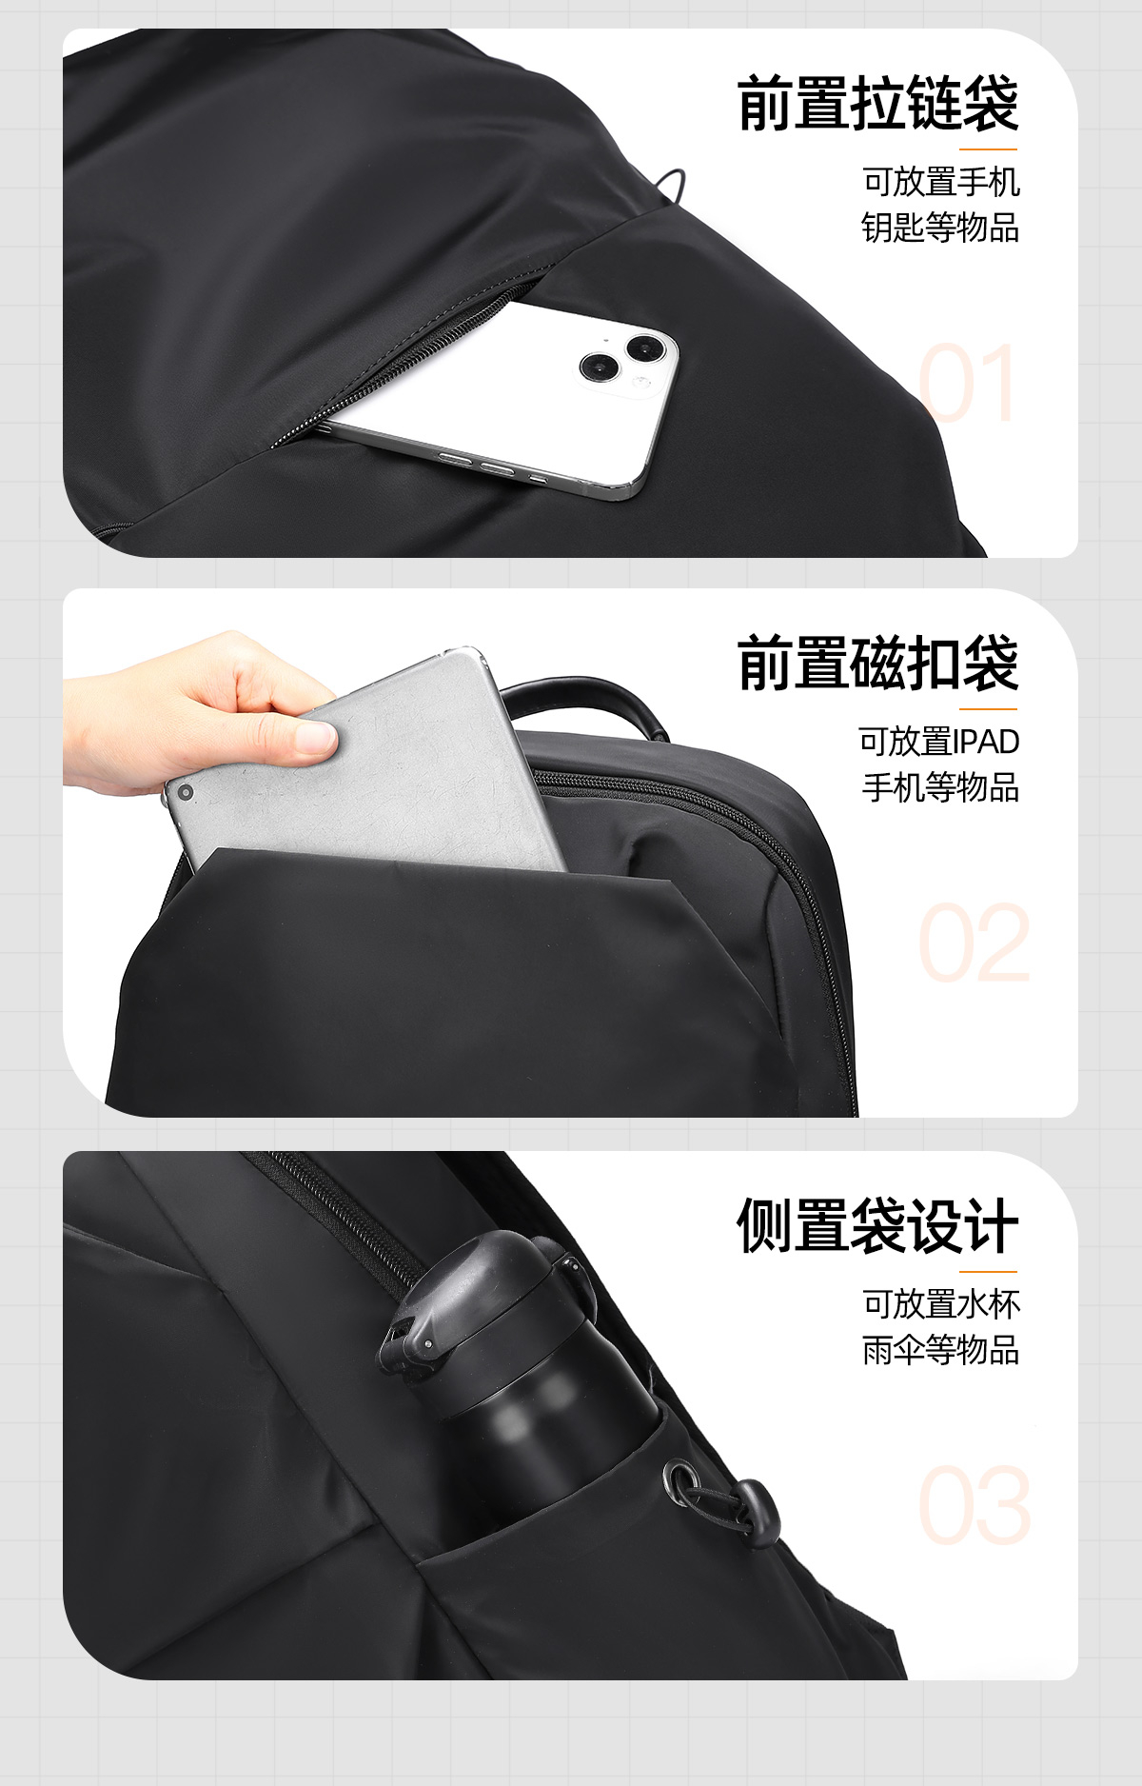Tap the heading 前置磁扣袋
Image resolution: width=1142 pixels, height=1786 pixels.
tap(877, 663)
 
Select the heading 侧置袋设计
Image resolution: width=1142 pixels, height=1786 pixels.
tap(877, 1225)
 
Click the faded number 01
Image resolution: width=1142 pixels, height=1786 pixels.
tap(966, 383)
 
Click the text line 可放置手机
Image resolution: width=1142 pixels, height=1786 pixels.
tap(941, 181)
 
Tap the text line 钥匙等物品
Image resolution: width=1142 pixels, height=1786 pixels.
tap(940, 228)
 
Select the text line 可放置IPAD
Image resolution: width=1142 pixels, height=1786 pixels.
tap(939, 741)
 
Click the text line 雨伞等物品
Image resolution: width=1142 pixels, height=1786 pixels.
tap(940, 1349)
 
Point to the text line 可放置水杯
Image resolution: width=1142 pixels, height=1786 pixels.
tap(941, 1303)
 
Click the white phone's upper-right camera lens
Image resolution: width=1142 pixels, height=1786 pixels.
tap(647, 349)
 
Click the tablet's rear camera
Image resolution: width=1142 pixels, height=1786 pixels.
tap(186, 792)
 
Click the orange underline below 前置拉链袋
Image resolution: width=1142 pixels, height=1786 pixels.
tap(988, 149)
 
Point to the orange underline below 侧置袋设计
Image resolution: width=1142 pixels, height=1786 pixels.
tap(988, 1271)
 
